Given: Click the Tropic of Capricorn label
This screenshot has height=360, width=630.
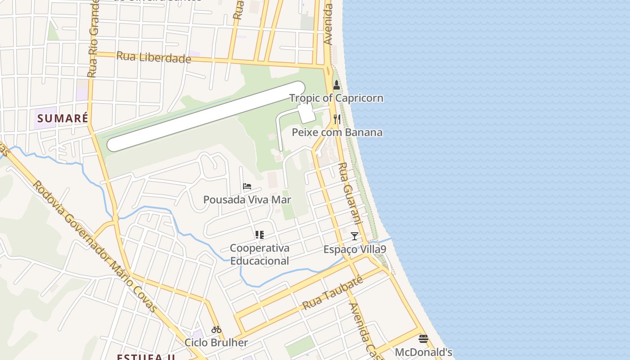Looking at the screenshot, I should [336, 98].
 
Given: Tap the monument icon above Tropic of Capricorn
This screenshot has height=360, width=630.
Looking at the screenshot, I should [336, 85].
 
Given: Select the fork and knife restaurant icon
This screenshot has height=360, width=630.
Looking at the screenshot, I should [337, 119].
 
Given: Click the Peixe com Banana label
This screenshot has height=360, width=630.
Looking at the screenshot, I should [337, 132].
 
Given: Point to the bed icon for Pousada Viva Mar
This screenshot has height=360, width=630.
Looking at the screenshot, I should [247, 186].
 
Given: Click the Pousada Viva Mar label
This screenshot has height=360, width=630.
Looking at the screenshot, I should [247, 200].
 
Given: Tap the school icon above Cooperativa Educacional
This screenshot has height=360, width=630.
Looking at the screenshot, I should [259, 234].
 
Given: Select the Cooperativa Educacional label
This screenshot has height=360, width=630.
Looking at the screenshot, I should [260, 254].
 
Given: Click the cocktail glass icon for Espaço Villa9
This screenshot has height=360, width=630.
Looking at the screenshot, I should [355, 236].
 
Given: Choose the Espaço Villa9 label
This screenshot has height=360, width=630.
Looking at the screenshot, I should [355, 249].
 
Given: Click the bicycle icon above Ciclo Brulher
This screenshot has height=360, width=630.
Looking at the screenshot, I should [216, 329].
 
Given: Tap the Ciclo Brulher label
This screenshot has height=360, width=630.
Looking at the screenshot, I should [216, 342].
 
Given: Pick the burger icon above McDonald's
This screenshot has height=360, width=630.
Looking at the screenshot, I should [423, 338].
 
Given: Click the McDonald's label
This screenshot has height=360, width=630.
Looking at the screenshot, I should [423, 352].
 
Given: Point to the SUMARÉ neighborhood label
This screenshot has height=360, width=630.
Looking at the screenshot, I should [63, 119].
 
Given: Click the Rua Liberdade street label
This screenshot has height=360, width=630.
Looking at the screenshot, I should [153, 58].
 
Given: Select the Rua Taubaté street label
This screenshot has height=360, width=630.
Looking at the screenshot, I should [333, 293].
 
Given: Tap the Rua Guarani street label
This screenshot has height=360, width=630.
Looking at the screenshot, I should [350, 193].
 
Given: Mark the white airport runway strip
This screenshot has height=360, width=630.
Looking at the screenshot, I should [206, 116].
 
